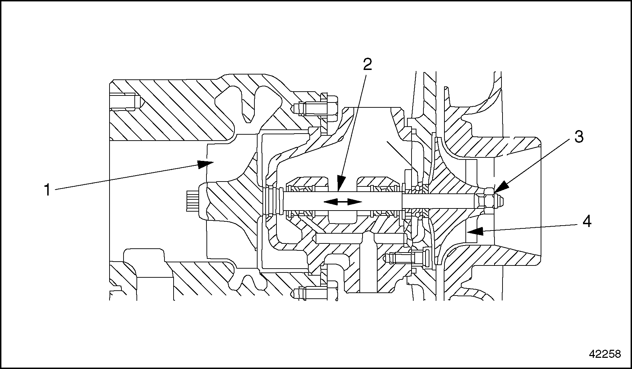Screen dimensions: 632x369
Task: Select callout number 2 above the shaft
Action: tap(367, 64)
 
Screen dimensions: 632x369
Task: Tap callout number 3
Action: tap(579, 137)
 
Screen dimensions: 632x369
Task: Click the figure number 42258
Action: tap(605, 354)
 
